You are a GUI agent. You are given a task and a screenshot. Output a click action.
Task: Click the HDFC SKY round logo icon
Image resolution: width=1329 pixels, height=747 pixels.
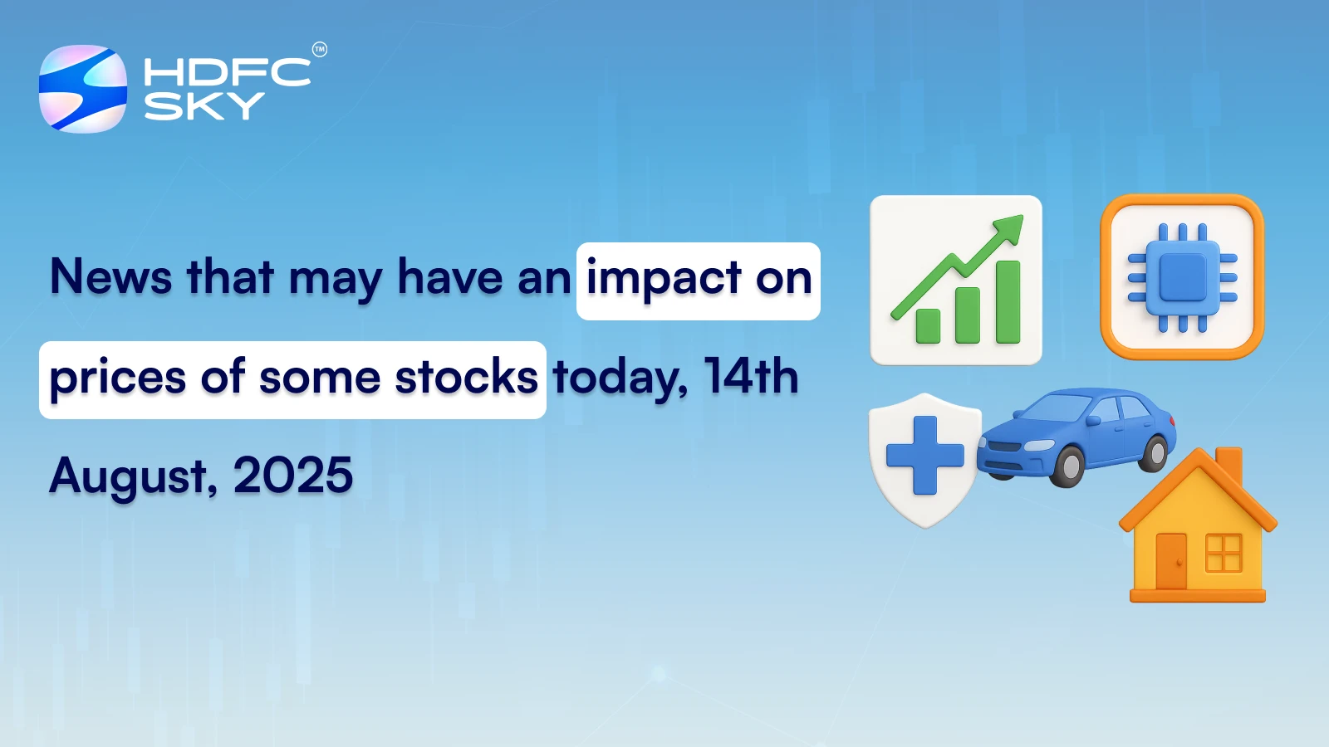83,89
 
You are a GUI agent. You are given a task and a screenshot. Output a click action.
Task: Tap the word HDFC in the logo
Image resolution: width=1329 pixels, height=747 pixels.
227,72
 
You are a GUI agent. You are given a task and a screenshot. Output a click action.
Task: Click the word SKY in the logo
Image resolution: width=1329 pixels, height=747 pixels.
204,105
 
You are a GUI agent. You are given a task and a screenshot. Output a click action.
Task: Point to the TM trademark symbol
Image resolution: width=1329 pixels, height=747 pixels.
320,50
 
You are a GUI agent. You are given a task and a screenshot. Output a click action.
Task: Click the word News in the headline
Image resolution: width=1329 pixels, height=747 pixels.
110,276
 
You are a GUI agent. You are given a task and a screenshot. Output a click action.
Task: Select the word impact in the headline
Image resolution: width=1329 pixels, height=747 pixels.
664,279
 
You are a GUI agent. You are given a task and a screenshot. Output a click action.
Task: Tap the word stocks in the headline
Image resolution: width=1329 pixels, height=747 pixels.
466,378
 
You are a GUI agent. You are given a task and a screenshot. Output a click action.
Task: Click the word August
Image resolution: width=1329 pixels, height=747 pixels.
133,476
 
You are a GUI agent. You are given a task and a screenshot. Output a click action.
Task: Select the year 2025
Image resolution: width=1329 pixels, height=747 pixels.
293,476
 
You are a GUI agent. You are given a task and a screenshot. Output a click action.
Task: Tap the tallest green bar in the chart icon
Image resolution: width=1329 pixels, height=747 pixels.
1008,302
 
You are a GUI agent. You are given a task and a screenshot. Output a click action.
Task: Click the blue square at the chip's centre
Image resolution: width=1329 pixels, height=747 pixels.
1182,277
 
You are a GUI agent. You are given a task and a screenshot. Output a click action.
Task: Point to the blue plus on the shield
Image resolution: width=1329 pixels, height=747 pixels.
924,455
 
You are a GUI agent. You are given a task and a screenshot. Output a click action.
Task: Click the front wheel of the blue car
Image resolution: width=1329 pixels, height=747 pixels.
1068,466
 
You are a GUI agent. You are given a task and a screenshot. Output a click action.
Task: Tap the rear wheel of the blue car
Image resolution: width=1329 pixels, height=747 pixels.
1155,452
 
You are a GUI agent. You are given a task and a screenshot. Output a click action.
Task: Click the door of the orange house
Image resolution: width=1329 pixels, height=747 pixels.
1171,561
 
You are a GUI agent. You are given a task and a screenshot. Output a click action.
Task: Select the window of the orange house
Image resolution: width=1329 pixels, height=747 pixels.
1223,553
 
